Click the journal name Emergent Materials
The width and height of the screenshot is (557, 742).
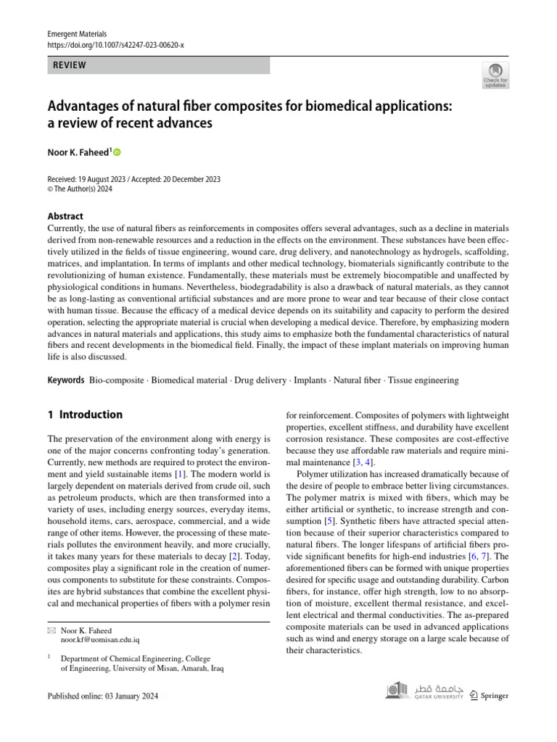(77, 34)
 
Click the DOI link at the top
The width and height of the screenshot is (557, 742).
(115, 45)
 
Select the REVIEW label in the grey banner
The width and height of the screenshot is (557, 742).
(70, 65)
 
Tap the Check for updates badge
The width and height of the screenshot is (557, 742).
(495, 75)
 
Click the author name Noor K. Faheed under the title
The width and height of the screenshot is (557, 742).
(79, 152)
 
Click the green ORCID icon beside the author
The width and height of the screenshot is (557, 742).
(117, 152)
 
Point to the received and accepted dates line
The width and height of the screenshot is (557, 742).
(133, 179)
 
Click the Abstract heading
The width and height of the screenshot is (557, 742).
(65, 216)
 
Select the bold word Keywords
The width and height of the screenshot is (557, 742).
(65, 380)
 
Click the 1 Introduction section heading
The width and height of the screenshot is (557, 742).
(85, 415)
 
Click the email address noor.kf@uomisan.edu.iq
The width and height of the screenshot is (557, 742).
(100, 641)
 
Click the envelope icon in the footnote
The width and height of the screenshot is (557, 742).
(51, 631)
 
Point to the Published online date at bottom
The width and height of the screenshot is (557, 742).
(102, 696)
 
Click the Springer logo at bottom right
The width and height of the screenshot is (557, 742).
(489, 695)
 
